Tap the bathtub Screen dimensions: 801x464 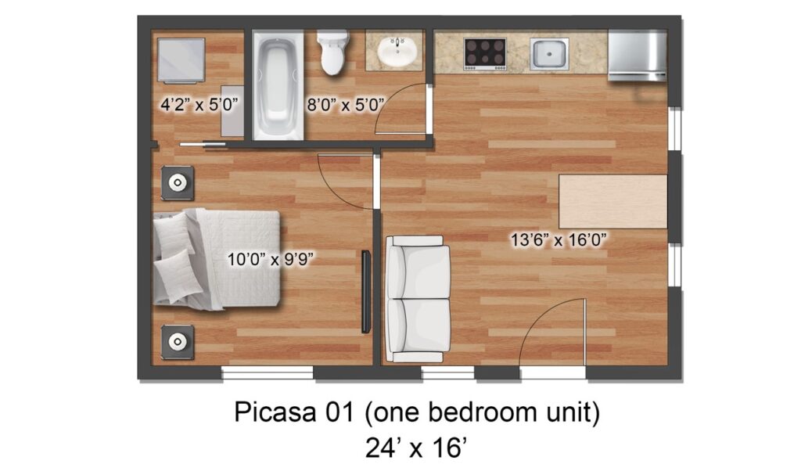(278, 85)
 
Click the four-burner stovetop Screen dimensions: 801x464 (485, 54)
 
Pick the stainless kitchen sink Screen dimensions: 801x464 (549, 54)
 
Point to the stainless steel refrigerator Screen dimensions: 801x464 (637, 56)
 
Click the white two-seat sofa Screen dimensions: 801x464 (418, 299)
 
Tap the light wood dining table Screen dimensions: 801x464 (613, 201)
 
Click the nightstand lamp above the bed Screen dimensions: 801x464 (178, 182)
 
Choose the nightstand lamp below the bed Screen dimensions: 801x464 (178, 342)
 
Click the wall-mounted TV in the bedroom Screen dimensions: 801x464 (366, 292)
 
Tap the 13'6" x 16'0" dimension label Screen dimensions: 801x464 (559, 239)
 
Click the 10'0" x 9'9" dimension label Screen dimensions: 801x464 (270, 259)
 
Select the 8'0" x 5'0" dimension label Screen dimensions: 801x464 (345, 105)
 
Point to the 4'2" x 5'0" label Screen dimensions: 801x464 (199, 105)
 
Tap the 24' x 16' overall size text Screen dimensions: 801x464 (416, 448)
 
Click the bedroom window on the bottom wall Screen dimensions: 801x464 (268, 373)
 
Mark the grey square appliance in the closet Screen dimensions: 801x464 (181, 59)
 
